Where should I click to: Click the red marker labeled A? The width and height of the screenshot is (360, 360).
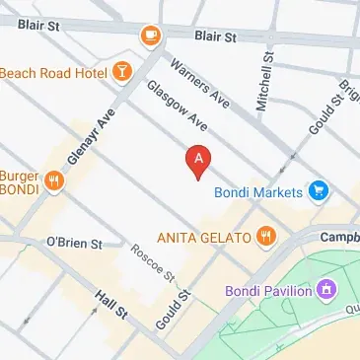pyautogui.click(x=198, y=161)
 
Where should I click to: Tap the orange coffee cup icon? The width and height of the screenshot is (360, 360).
pyautogui.click(x=151, y=36)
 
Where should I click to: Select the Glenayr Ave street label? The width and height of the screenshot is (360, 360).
pyautogui.click(x=85, y=135)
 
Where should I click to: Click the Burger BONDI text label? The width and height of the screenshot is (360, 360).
pyautogui.click(x=19, y=180)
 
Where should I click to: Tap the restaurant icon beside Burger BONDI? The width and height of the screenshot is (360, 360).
pyautogui.click(x=54, y=180)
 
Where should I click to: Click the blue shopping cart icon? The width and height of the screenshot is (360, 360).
pyautogui.click(x=317, y=190)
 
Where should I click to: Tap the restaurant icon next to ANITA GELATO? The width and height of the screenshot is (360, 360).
pyautogui.click(x=264, y=237)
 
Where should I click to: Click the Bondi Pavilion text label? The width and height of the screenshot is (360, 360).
pyautogui.click(x=265, y=291)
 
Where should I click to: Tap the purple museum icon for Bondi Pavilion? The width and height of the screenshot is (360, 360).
pyautogui.click(x=326, y=290)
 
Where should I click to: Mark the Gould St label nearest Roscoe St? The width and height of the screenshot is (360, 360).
pyautogui.click(x=170, y=311)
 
